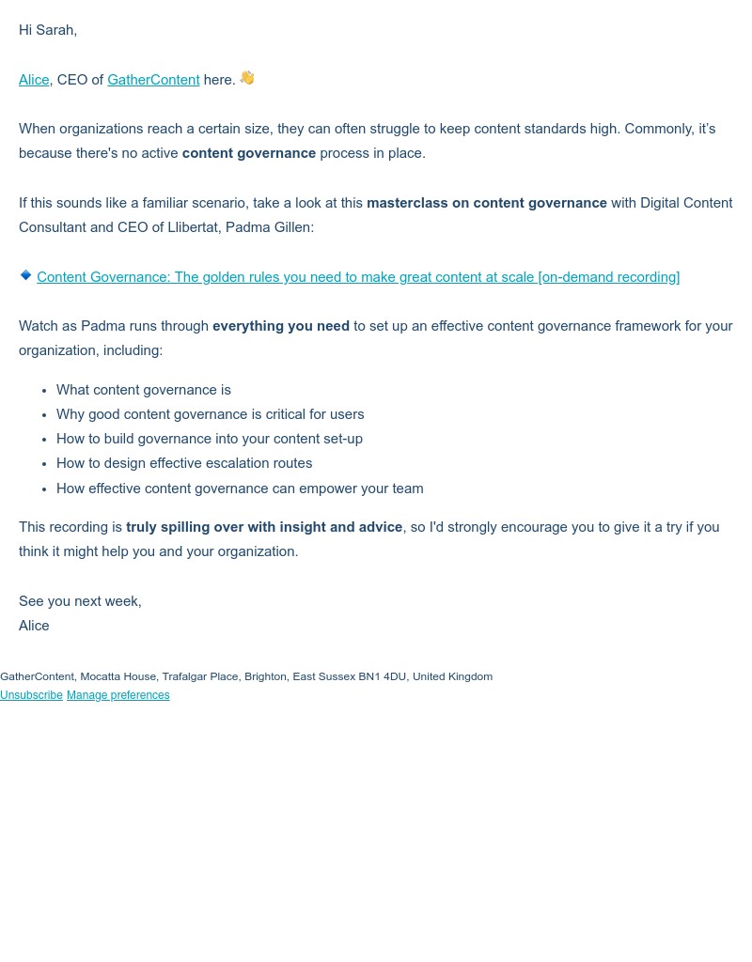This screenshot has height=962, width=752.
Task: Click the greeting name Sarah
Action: click(55, 30)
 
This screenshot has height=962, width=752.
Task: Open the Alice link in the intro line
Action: click(34, 80)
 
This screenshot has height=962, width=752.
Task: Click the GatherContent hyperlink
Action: click(153, 80)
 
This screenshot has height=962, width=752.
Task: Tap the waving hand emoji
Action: click(247, 78)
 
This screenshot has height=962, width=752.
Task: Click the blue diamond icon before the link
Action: click(25, 275)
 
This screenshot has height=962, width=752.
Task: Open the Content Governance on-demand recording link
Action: click(358, 277)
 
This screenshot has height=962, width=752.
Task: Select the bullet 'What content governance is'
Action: click(144, 390)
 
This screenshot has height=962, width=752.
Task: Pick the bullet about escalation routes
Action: click(184, 463)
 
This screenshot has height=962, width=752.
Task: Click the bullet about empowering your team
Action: click(240, 489)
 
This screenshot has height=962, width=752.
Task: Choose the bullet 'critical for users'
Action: click(210, 414)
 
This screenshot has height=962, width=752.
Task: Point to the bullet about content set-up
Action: click(210, 439)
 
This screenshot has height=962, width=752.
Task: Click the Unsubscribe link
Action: click(31, 695)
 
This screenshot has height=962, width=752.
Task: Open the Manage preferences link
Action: click(118, 695)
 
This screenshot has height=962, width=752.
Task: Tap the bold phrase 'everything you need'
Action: click(281, 326)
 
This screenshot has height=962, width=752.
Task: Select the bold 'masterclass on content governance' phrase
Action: click(487, 203)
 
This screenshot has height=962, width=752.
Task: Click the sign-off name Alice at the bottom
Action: click(34, 626)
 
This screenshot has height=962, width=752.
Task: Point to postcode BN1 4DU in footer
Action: click(383, 676)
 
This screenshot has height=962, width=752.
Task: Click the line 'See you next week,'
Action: click(80, 601)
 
